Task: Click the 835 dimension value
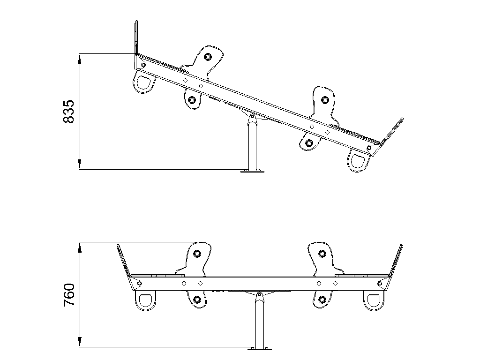pos(68,112)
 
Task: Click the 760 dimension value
pos(68,295)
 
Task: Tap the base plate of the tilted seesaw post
pos(253,171)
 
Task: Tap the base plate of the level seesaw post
pos(260,349)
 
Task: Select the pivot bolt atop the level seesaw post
pos(260,295)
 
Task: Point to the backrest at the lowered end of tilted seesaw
pos(391,131)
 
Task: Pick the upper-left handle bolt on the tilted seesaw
pos(208,57)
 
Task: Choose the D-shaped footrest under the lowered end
pos(359,160)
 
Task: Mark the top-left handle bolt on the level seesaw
pos(197,254)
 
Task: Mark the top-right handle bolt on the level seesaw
pos(322,254)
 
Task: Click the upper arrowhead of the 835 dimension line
pos(80,59)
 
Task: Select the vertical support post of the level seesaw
pos(260,323)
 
